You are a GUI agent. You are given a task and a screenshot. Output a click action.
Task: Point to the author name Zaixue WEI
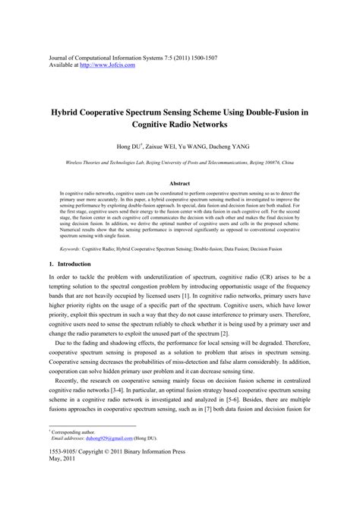pos(163,145)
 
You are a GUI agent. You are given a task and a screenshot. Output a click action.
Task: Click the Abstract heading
pos(179,184)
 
